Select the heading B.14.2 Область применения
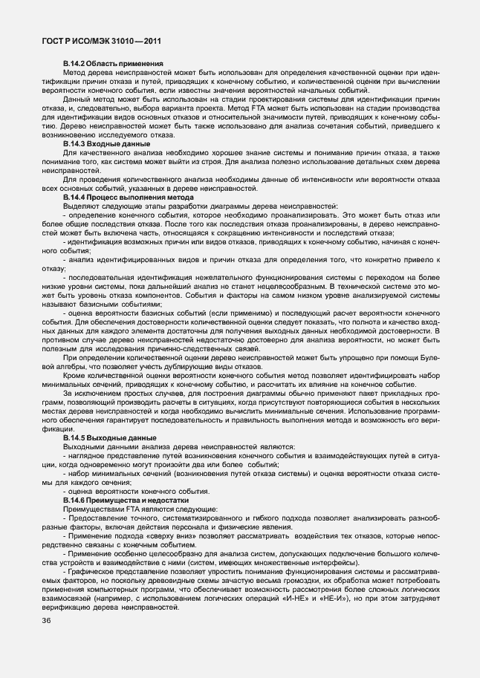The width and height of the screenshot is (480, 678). pos(112,65)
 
